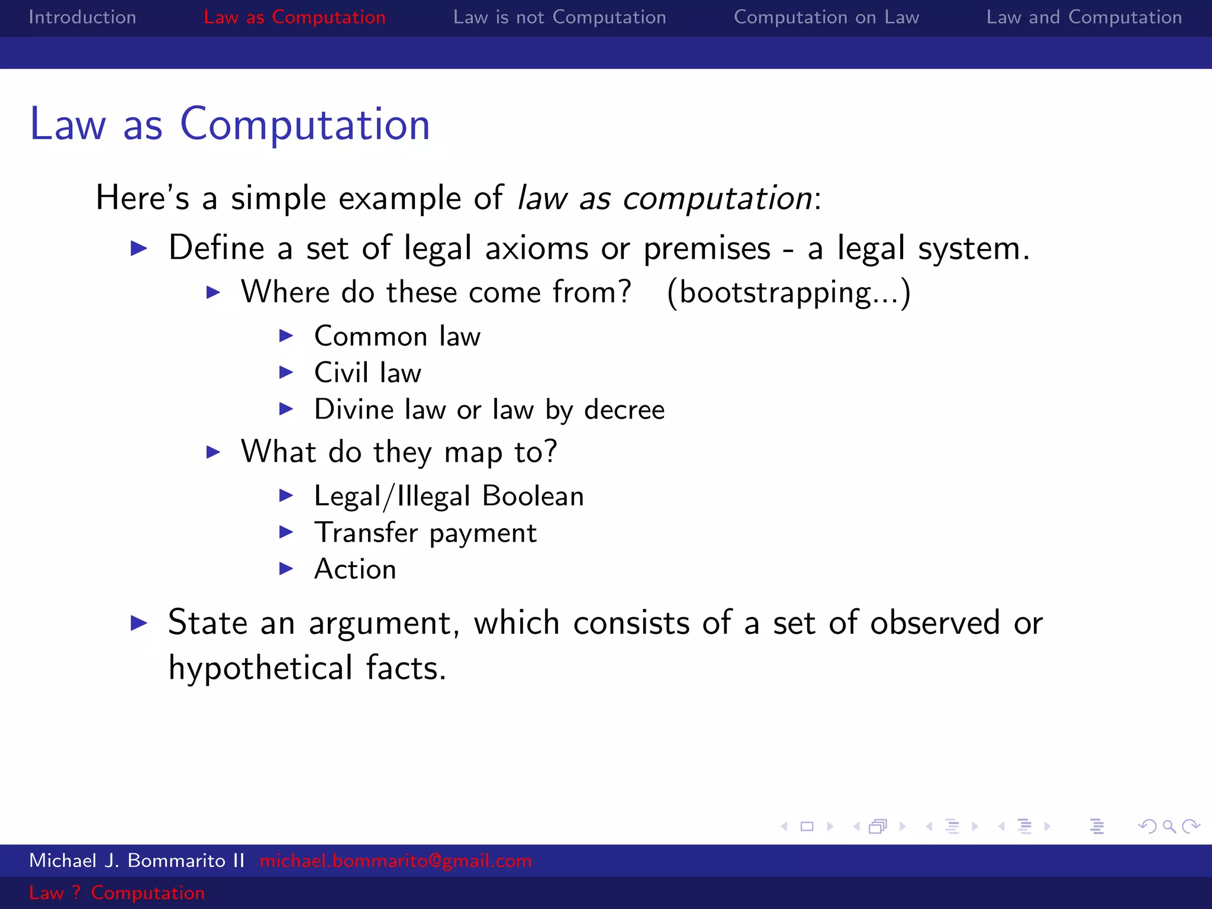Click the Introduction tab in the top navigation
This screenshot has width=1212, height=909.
[x=82, y=17]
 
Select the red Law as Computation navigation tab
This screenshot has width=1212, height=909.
[x=294, y=17]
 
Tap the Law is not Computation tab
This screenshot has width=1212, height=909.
[x=559, y=17]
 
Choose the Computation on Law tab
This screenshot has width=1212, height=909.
[x=826, y=17]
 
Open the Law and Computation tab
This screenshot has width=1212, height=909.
[x=1084, y=17]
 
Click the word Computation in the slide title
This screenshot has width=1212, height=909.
[x=305, y=125]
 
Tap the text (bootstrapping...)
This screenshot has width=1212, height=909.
[x=788, y=292]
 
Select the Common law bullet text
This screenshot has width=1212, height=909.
[x=397, y=336]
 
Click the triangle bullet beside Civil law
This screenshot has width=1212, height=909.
[x=286, y=372]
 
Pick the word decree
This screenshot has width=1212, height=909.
[x=624, y=410]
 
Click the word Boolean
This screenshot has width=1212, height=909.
[x=533, y=496]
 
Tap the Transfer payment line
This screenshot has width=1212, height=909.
[x=425, y=533]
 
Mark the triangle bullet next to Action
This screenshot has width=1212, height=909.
[x=286, y=569]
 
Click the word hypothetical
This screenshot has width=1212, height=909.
[x=260, y=668]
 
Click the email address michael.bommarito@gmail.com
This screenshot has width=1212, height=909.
[x=395, y=860]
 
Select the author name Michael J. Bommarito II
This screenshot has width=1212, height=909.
[x=137, y=860]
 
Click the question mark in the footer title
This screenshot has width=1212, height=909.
[x=76, y=892]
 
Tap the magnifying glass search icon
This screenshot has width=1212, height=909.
[x=1169, y=826]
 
